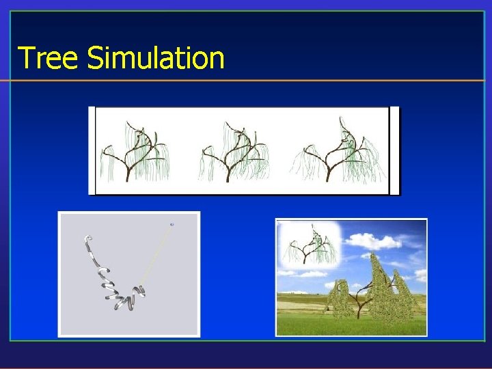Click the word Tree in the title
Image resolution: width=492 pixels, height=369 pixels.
click(49, 58)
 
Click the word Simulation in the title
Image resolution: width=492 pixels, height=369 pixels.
click(156, 58)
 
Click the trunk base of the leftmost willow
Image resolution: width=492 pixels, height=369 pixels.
click(127, 178)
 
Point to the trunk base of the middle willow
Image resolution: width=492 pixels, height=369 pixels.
click(228, 178)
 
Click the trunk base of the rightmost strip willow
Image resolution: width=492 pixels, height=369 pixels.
click(329, 178)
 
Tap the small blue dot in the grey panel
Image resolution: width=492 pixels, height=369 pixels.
click(172, 224)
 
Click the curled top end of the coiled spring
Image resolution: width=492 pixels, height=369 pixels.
click(87, 238)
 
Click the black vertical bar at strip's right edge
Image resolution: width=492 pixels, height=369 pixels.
click(394, 150)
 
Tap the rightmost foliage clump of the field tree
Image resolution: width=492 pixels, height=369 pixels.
click(406, 294)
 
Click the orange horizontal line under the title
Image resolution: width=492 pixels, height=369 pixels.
click(246, 81)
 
